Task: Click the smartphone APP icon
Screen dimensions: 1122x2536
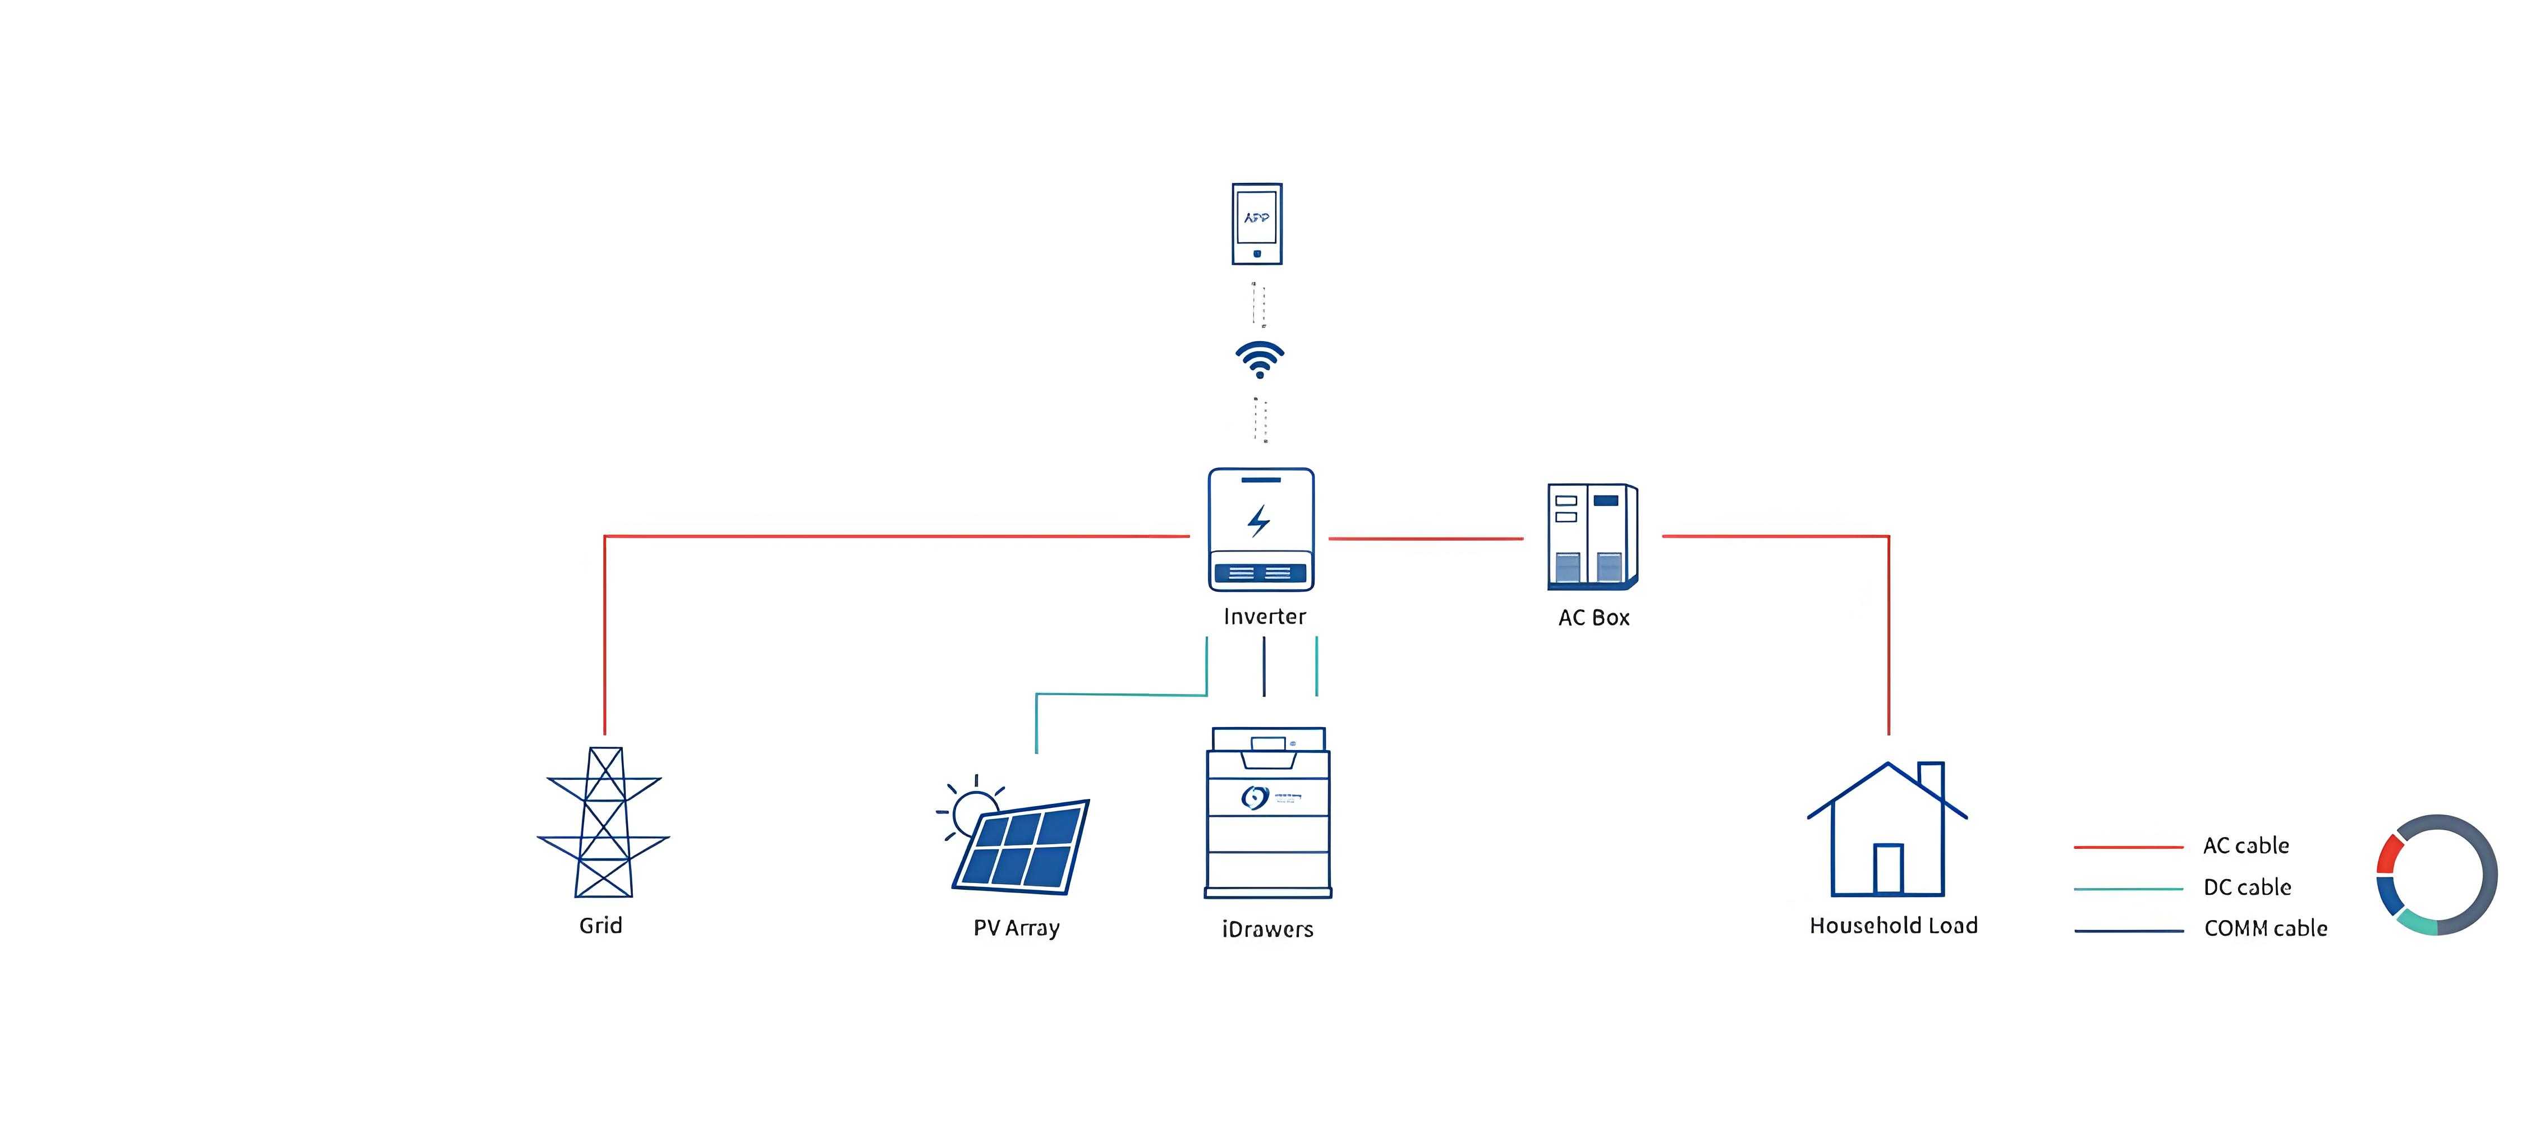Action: (1257, 223)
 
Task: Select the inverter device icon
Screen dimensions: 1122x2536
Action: (1261, 530)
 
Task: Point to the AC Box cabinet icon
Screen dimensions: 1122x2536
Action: (1592, 536)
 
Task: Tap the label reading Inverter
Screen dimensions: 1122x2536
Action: (1264, 617)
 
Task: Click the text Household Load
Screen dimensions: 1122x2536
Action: (1893, 926)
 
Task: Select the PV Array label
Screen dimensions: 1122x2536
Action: (1016, 928)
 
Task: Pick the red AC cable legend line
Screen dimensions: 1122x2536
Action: (2129, 847)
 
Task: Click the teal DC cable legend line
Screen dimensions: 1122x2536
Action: (2129, 889)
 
